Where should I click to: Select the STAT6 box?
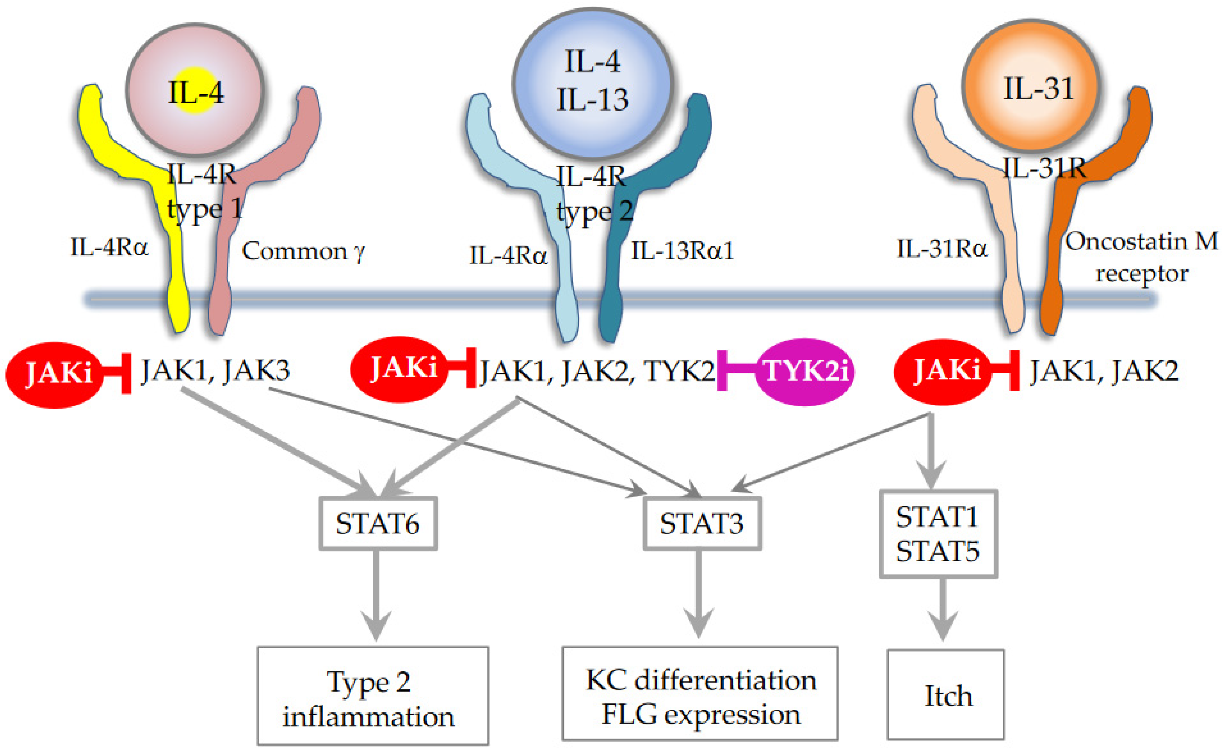[378, 523]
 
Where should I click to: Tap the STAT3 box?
[702, 523]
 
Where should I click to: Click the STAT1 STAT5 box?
[938, 534]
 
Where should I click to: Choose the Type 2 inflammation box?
[373, 696]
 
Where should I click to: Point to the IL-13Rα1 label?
[682, 251]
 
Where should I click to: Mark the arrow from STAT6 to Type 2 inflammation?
[376, 594]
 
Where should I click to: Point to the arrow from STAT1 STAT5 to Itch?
[942, 608]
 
